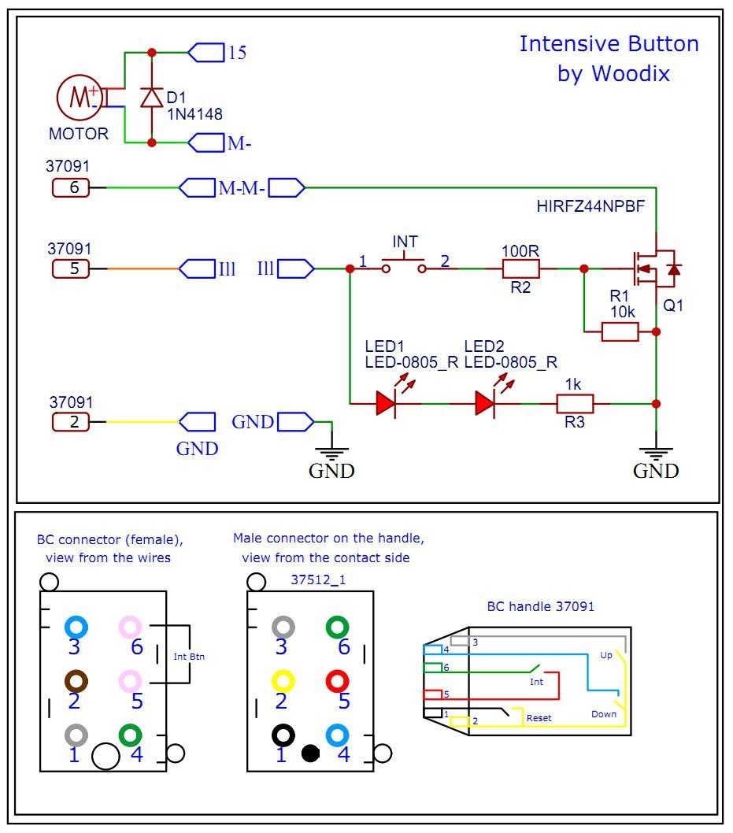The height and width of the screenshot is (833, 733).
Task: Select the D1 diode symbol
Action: [152, 98]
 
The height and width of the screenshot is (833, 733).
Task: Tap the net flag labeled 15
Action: [206, 53]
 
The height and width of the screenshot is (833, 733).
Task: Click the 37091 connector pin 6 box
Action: [75, 187]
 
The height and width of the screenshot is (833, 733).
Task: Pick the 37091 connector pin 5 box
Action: [75, 268]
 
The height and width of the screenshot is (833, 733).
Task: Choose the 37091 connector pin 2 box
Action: [75, 421]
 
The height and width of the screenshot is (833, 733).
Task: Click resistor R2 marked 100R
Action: [520, 268]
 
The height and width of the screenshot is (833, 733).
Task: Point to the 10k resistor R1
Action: [620, 331]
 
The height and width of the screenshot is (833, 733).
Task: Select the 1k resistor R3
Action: [575, 404]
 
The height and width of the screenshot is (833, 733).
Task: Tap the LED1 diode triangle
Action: [386, 404]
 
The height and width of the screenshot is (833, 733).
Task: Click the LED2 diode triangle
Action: [485, 404]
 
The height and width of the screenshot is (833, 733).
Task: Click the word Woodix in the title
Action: [632, 74]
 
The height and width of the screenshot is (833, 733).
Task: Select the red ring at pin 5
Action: [337, 679]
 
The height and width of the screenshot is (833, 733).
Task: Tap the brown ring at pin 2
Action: [76, 679]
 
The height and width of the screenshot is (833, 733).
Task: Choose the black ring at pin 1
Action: [283, 735]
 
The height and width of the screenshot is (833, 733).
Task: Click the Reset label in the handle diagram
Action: [539, 717]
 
